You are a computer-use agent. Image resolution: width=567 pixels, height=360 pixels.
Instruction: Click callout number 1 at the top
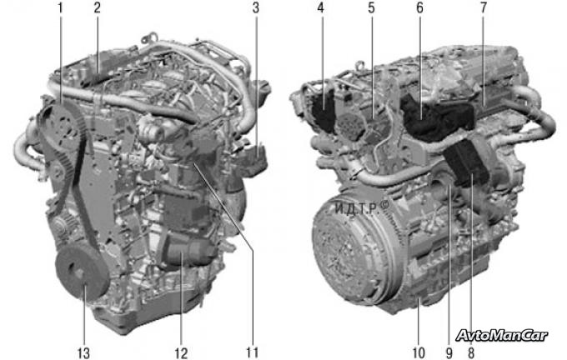(x=60, y=8)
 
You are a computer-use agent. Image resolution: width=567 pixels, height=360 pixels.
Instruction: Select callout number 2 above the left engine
(x=97, y=8)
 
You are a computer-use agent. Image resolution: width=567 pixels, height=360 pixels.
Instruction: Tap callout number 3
(x=256, y=8)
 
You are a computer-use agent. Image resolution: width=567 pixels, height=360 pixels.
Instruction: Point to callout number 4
(x=321, y=8)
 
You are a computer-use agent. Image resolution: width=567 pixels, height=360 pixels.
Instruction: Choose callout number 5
(x=371, y=8)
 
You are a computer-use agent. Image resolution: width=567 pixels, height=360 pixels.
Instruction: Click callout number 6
(x=419, y=8)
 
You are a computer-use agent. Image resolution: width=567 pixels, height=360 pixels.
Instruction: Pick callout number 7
(x=484, y=8)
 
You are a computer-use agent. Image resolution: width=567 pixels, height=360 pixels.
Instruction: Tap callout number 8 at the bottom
(x=471, y=352)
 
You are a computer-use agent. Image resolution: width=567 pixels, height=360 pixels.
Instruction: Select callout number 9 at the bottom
(x=449, y=352)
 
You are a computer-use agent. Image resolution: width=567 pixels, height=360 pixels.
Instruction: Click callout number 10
(x=419, y=352)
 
